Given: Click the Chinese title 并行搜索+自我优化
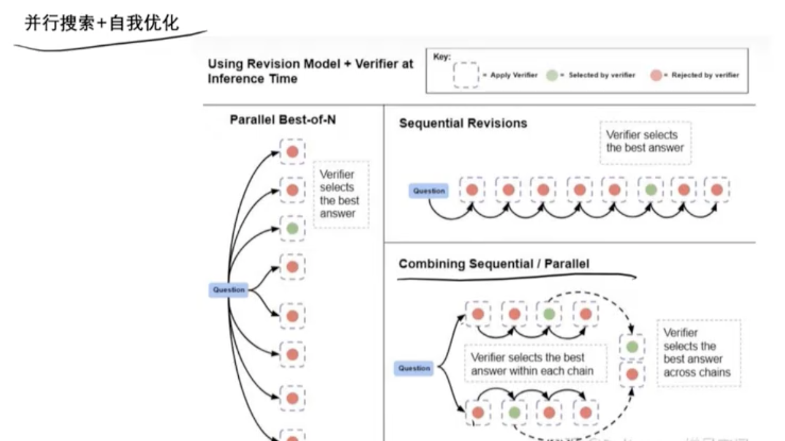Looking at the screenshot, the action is tap(102, 24).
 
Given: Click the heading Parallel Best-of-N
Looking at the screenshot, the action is tap(283, 119).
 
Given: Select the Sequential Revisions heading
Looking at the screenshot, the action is tap(463, 123).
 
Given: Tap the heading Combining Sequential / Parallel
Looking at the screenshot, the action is tap(493, 264).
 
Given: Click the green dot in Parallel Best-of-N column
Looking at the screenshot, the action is tap(292, 228).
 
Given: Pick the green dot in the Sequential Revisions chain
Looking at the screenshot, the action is tap(650, 189).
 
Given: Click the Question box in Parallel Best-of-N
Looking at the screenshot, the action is tap(229, 290).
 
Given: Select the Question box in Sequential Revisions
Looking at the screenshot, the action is tap(429, 191).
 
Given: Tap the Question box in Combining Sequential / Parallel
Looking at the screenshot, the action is tap(414, 368).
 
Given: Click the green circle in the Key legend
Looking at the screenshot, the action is tap(552, 76).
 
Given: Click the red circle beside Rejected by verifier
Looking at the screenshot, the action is tap(655, 76).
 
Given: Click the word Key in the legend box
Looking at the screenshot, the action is tap(441, 57).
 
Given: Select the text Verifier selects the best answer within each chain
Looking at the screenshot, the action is tap(532, 364).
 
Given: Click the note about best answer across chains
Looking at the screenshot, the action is tap(697, 353).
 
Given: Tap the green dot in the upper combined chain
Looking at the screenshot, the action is tap(549, 314).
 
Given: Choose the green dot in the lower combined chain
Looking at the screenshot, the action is tap(514, 412).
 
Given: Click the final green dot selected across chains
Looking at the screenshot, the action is tap(632, 347).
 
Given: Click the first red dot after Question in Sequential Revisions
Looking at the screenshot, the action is tap(472, 189).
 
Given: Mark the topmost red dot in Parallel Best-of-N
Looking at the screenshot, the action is tap(292, 152).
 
